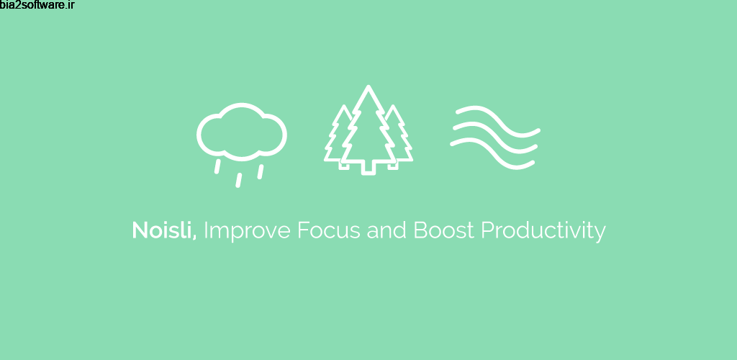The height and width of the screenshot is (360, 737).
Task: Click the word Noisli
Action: coord(163,230)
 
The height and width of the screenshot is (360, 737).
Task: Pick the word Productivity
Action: coord(543,232)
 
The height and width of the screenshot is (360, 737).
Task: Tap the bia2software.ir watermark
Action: coord(37,6)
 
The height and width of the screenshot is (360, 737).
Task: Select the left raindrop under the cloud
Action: coord(217,166)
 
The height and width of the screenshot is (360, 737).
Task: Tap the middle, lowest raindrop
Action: coord(238,179)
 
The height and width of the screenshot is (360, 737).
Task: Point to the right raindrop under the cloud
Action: coord(261,171)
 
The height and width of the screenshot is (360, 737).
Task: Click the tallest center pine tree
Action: coord(369,130)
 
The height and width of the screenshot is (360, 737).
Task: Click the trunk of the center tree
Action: coord(369,168)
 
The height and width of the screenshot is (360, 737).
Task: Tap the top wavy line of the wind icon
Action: coord(495,121)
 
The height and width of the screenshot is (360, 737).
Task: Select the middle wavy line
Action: coord(495,138)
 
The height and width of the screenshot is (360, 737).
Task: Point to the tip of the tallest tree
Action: coord(369,89)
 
